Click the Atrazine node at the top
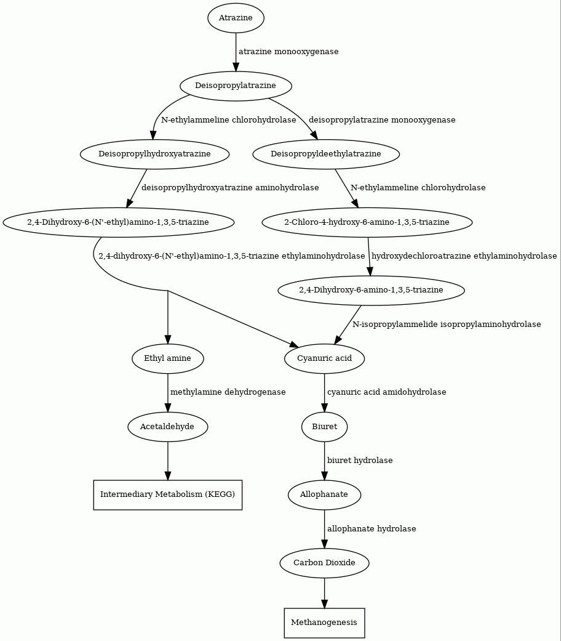(x=236, y=18)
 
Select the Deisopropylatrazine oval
(x=236, y=86)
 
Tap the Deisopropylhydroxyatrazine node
(x=155, y=154)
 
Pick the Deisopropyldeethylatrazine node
(x=326, y=154)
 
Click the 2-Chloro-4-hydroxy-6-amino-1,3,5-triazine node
(x=367, y=222)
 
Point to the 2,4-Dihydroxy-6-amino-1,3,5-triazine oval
(x=371, y=290)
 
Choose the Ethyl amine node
(x=167, y=358)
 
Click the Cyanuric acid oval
(x=325, y=358)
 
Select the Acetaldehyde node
(x=167, y=427)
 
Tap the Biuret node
(x=325, y=427)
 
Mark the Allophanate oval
(x=324, y=494)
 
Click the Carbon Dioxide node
(x=324, y=563)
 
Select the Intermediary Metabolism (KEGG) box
(x=168, y=495)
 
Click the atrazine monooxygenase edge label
(x=288, y=52)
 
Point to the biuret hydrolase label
(x=360, y=461)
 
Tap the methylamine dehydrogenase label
(x=228, y=392)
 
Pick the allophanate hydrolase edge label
(x=372, y=528)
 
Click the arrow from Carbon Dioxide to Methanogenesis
(x=324, y=593)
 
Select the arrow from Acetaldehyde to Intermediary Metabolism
(x=167, y=461)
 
